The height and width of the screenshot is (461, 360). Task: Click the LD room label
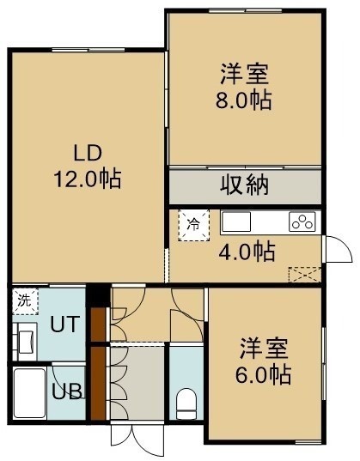(88, 153)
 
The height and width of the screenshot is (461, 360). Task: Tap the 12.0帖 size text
(88, 179)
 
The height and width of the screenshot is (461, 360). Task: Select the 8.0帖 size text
(243, 100)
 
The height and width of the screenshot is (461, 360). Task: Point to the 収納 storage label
(245, 185)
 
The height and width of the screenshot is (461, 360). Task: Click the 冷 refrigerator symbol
(194, 225)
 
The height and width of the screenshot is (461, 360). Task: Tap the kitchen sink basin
(236, 221)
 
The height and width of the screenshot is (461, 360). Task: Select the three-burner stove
(302, 221)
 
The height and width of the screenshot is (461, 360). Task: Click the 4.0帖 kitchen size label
(247, 252)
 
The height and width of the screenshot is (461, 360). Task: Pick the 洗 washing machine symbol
(25, 301)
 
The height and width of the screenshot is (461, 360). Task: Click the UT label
(65, 324)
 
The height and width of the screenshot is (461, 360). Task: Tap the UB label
(67, 391)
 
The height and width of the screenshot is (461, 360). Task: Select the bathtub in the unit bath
(29, 393)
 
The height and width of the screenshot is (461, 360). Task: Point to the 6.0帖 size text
(263, 374)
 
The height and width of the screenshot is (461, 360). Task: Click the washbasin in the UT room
(25, 342)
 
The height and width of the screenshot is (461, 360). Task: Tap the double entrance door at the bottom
(137, 439)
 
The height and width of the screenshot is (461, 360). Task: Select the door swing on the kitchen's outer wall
(338, 249)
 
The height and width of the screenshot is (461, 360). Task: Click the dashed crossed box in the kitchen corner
(305, 275)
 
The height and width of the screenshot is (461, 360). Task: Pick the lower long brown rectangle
(98, 383)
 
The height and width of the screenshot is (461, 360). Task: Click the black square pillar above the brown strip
(98, 295)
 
